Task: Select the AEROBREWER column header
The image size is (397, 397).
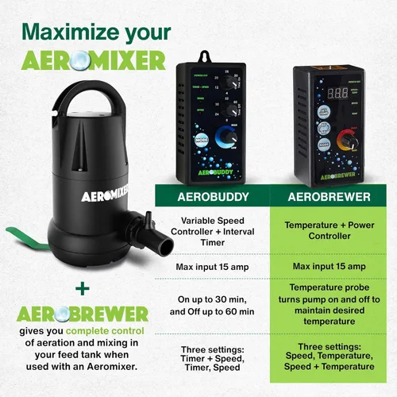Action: point(330,195)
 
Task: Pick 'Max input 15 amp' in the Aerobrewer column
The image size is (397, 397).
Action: point(330,266)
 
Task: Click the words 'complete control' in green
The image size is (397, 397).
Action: point(100,330)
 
